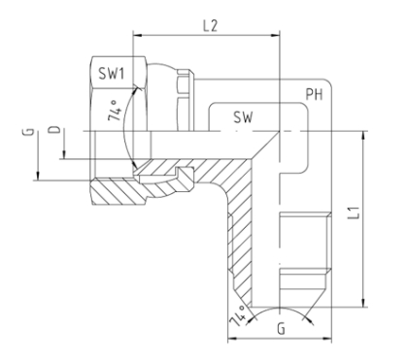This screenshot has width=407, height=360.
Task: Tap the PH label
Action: (x=314, y=95)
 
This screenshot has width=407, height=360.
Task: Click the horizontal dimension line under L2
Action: (x=204, y=37)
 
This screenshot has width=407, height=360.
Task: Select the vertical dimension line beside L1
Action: (x=362, y=218)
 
